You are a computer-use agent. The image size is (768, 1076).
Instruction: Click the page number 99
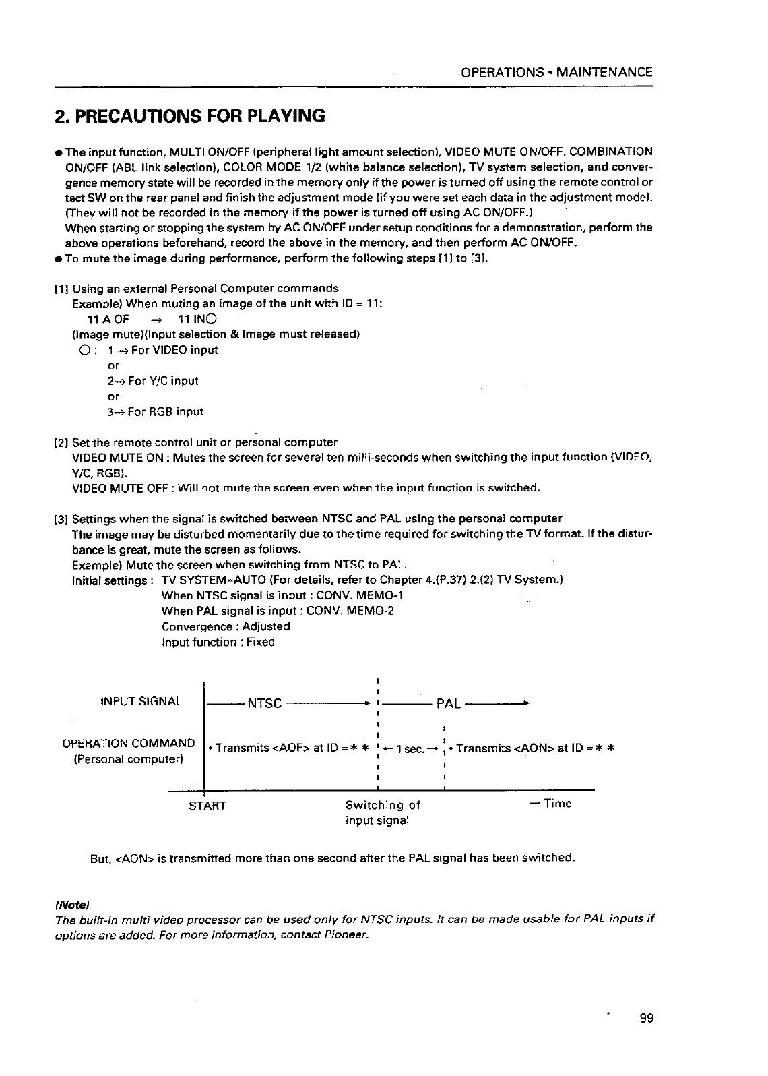(646, 1018)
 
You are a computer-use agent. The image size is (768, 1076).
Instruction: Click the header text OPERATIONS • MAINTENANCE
(556, 72)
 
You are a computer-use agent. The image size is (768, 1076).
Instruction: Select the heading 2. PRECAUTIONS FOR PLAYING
(189, 116)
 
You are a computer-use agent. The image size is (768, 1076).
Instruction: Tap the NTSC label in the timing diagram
(264, 703)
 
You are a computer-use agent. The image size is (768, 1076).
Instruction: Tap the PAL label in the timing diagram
(448, 703)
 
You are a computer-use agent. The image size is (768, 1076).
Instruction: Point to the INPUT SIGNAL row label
(141, 701)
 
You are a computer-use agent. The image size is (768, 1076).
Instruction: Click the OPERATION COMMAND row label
(128, 744)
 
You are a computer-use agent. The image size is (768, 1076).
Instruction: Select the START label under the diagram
(207, 806)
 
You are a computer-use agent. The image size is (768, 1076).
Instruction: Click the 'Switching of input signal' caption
(382, 812)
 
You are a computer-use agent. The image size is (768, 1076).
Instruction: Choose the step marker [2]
(59, 442)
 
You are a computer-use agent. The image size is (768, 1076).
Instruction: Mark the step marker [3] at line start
(59, 519)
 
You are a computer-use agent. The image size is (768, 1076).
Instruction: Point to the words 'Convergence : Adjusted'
(226, 626)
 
